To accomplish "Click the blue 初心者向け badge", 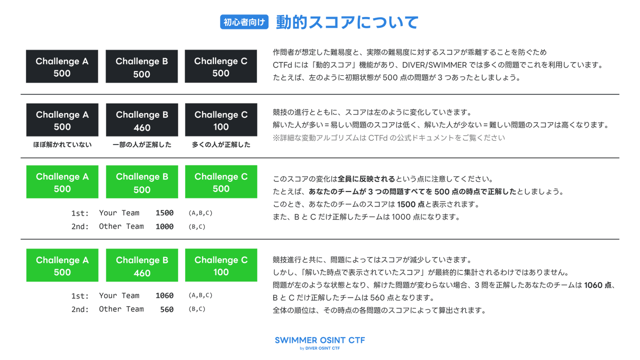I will [x=244, y=22].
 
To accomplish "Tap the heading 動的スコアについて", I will [x=347, y=22].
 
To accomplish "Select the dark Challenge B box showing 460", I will [x=142, y=121].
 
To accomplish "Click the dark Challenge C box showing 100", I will [x=221, y=121].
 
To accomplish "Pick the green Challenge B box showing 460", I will [x=142, y=266].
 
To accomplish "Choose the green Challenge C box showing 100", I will [x=221, y=266].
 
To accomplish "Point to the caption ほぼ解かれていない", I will [x=62, y=145].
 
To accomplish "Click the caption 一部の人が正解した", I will [x=142, y=145].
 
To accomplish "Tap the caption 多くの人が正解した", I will [x=221, y=145].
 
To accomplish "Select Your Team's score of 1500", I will [x=164, y=213].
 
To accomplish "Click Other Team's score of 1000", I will [x=164, y=227].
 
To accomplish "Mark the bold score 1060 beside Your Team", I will [x=164, y=295].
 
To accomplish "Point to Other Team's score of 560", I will [x=166, y=309].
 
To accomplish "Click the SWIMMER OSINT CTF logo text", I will [x=319, y=340].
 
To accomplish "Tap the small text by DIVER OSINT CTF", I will [x=319, y=349].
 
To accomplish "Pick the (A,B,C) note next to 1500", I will [x=201, y=213].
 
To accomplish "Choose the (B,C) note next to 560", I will [x=197, y=309].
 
